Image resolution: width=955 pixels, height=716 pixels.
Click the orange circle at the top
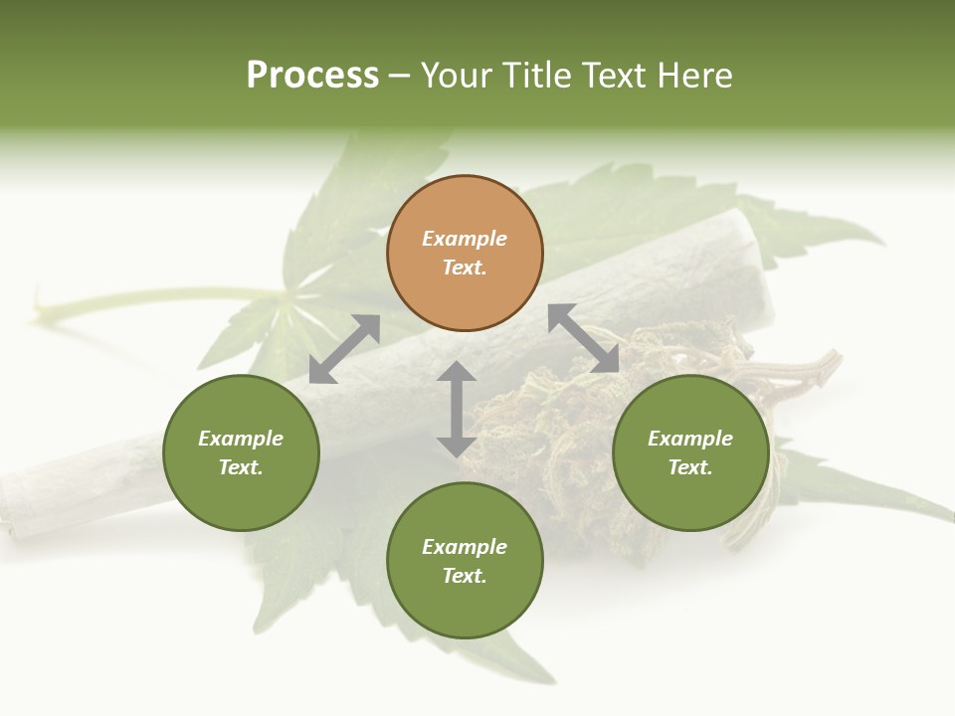pyautogui.click(x=465, y=254)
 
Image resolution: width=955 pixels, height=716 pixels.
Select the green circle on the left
pyautogui.click(x=241, y=452)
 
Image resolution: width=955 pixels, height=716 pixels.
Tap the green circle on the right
pyautogui.click(x=690, y=452)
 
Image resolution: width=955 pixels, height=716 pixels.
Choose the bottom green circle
pyautogui.click(x=465, y=561)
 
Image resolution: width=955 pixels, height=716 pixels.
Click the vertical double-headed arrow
pyautogui.click(x=457, y=409)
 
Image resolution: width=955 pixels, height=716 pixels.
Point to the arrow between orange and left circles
pyautogui.click(x=344, y=349)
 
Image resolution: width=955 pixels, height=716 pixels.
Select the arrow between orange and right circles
pyautogui.click(x=584, y=338)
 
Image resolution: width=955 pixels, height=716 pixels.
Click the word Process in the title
pyautogui.click(x=312, y=76)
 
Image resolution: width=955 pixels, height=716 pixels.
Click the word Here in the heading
pyautogui.click(x=696, y=76)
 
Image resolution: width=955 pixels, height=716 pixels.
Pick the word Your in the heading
pyautogui.click(x=457, y=76)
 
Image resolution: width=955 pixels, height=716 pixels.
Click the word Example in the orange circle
pyautogui.click(x=465, y=239)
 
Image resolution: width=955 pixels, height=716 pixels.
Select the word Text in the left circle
pyautogui.click(x=241, y=467)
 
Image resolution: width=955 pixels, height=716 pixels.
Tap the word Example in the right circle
pyautogui.click(x=690, y=439)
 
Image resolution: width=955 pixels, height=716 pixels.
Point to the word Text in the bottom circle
pyautogui.click(x=465, y=576)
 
